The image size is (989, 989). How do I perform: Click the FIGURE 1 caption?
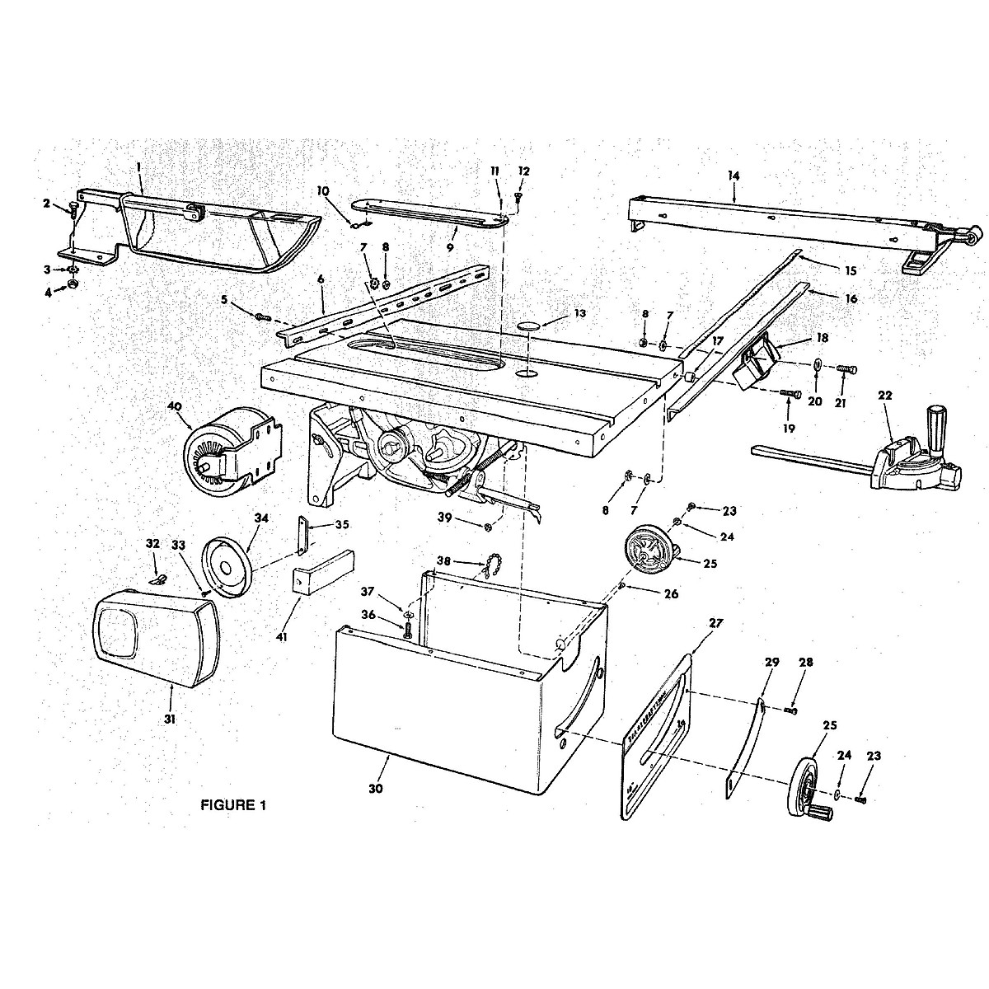(x=234, y=805)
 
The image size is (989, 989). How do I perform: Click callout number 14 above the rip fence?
(x=734, y=176)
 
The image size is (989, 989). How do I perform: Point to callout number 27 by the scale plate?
(x=714, y=623)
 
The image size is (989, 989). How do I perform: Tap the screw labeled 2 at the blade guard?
(x=73, y=209)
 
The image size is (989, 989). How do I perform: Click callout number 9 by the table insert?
(x=450, y=223)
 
